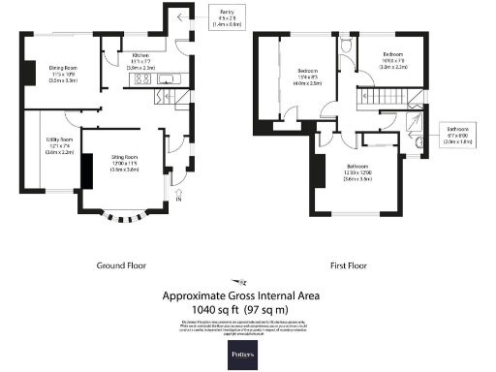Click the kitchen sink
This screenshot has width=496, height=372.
164,79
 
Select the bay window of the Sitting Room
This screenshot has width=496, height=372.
127,215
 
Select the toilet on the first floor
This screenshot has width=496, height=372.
346,46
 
